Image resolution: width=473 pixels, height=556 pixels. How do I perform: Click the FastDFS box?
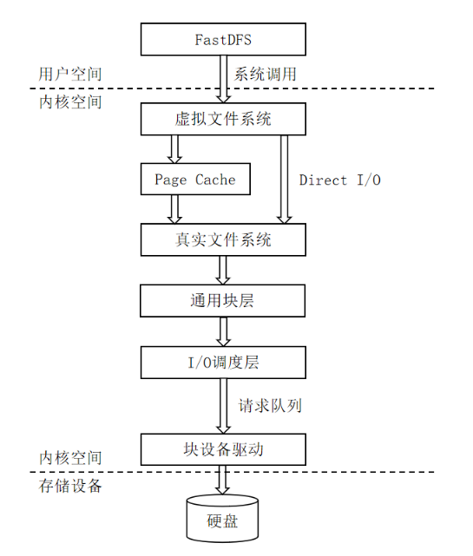click(223, 39)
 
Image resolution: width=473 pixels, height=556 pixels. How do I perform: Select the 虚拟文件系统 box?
click(223, 119)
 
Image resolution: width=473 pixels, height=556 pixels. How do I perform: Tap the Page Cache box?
click(195, 179)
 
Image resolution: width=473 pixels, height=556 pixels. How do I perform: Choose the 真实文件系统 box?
click(223, 239)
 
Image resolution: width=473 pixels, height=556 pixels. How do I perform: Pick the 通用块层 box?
click(223, 301)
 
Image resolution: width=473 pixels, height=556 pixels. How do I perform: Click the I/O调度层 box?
click(223, 363)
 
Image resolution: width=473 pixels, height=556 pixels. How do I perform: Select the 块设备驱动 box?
click(223, 449)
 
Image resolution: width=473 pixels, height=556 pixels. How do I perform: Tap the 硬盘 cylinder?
click(222, 519)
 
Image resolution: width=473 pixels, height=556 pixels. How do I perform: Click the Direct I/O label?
click(340, 180)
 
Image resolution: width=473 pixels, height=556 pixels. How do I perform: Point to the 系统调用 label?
click(265, 74)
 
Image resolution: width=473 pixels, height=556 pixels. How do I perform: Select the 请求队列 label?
click(270, 406)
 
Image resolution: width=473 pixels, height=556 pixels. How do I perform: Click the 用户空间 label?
click(70, 74)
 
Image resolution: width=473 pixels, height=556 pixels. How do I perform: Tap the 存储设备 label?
click(70, 486)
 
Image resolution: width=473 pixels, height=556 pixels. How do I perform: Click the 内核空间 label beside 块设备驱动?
click(70, 458)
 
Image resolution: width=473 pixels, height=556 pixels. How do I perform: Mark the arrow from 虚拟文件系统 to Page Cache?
click(174, 149)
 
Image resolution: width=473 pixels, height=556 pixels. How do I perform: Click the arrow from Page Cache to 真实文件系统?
click(174, 209)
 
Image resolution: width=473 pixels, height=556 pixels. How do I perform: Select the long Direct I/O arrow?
click(284, 180)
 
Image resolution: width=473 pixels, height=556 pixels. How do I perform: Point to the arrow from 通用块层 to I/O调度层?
click(223, 331)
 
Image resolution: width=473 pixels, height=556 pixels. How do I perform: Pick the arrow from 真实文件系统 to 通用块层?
click(223, 271)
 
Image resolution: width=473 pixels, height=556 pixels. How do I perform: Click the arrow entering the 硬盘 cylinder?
click(222, 481)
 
